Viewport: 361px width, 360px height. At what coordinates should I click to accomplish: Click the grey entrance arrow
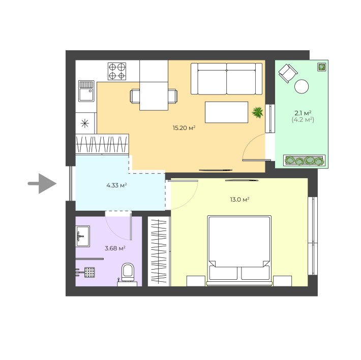click(x=43, y=183)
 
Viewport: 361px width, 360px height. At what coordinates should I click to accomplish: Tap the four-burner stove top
click(x=117, y=71)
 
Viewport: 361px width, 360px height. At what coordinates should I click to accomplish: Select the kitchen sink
click(x=86, y=91)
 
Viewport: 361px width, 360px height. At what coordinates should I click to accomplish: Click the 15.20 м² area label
click(x=184, y=128)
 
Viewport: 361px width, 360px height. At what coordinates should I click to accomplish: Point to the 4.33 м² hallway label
click(x=116, y=185)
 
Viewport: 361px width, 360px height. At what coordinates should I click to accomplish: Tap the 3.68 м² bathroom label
click(x=115, y=248)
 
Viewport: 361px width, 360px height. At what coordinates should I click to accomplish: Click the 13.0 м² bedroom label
click(x=239, y=200)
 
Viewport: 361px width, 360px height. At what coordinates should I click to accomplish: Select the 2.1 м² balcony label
click(x=303, y=113)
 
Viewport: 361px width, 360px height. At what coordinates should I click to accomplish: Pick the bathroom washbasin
click(x=83, y=236)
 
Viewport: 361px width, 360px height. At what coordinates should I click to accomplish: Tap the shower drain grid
click(x=89, y=273)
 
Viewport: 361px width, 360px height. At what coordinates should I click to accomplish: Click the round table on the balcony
click(x=302, y=86)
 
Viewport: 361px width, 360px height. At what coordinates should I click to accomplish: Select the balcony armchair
click(x=288, y=73)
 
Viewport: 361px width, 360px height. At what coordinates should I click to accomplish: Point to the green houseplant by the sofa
click(x=257, y=112)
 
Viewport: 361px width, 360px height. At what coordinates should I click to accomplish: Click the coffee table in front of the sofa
click(x=227, y=112)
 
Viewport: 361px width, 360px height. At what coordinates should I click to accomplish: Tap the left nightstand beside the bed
click(x=196, y=281)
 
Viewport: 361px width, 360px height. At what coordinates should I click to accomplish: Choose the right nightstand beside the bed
click(x=283, y=281)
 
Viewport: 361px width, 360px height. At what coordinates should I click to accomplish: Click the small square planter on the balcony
click(x=322, y=67)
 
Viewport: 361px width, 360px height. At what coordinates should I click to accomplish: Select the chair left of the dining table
click(x=135, y=96)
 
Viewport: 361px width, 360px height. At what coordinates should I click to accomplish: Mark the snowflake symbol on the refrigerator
click(x=85, y=123)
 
